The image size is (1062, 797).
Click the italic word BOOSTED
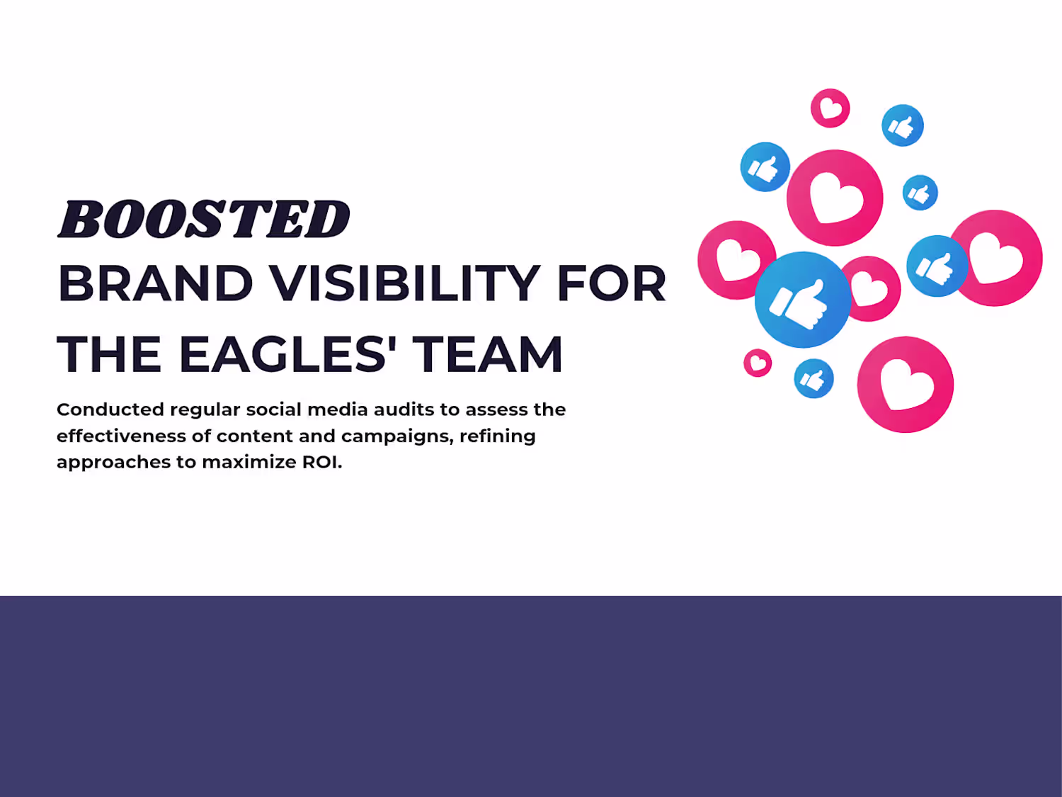coord(204,219)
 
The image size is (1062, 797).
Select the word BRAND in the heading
coord(155,284)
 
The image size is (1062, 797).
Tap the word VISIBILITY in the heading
coord(405,284)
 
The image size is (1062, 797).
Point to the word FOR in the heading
coord(612,284)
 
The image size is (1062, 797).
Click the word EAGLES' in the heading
coord(288,354)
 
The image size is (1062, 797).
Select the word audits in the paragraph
coord(404,410)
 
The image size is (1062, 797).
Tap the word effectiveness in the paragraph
coord(122,436)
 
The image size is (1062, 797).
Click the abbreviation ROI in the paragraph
coord(320,462)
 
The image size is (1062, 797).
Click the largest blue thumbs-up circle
coord(803,300)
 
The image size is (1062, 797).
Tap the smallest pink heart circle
coord(758,363)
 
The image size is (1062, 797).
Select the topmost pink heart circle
coord(830,108)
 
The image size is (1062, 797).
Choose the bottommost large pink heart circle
coord(906,385)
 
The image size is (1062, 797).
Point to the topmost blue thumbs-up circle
coord(903,125)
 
